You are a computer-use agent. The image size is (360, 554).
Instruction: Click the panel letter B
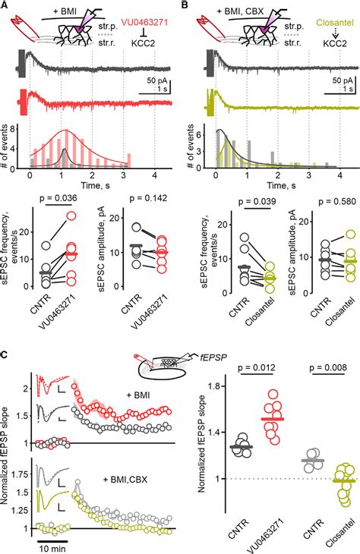(185, 6)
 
